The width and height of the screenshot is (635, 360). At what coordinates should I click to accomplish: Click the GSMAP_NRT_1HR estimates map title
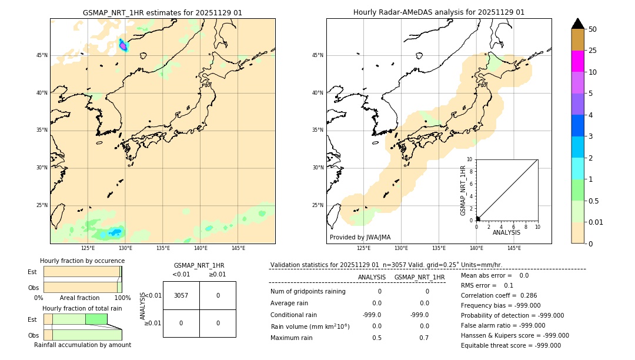tap(162, 12)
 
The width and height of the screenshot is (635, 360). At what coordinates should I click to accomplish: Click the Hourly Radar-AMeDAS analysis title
tap(439, 12)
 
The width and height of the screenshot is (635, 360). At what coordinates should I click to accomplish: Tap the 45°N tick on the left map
tap(42, 55)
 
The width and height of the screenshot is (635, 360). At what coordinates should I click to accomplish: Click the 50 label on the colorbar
tap(593, 29)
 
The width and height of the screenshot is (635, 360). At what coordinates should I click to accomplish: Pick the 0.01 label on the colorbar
tap(596, 222)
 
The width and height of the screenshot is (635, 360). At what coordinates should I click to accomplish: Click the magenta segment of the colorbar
tap(577, 61)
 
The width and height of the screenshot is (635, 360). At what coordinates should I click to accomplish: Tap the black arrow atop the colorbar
tap(577, 24)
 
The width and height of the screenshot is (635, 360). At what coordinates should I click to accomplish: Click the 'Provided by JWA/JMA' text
tap(360, 238)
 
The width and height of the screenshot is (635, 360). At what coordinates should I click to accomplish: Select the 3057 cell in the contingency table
tap(181, 295)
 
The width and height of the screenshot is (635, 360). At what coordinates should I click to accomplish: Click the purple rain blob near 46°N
tap(123, 45)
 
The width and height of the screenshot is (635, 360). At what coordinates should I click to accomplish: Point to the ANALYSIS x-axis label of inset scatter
tap(506, 233)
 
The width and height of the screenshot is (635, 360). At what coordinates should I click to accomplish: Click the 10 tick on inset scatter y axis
tap(469, 159)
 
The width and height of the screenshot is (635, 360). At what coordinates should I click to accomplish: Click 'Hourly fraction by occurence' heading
tap(82, 261)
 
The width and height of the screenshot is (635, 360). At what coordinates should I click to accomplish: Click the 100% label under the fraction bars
tap(122, 298)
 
